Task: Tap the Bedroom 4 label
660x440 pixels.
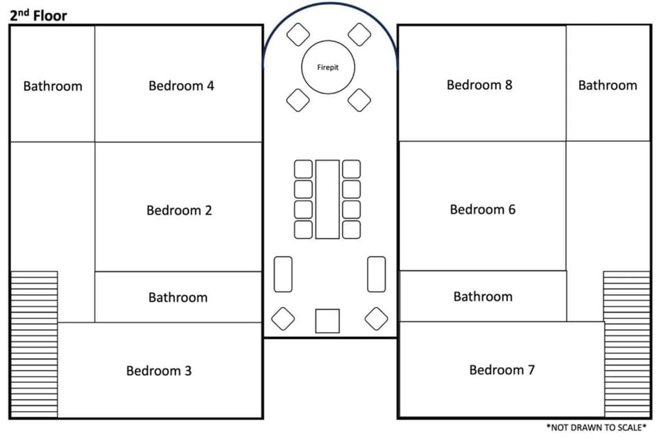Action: [181, 86]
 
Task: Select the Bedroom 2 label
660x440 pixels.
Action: [179, 210]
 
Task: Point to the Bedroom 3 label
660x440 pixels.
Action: [159, 371]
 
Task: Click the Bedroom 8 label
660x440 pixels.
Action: [479, 85]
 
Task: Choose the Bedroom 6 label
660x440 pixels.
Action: [483, 209]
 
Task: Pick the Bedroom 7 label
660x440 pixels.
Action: [502, 370]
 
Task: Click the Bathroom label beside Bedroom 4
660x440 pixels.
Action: [53, 87]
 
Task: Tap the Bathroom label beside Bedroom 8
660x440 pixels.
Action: [607, 85]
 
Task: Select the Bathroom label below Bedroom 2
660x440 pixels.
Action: [178, 298]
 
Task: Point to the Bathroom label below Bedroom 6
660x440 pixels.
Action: [483, 297]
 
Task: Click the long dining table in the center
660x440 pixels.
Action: [327, 199]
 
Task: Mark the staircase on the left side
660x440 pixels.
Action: [34, 344]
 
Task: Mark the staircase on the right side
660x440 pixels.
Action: [627, 344]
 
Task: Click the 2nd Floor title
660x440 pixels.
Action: [38, 16]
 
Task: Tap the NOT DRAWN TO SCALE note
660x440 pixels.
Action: [596, 428]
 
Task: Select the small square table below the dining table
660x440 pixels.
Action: [327, 321]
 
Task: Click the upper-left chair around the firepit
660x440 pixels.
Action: [298, 34]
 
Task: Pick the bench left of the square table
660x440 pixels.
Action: [283, 274]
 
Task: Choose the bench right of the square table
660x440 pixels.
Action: [376, 274]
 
